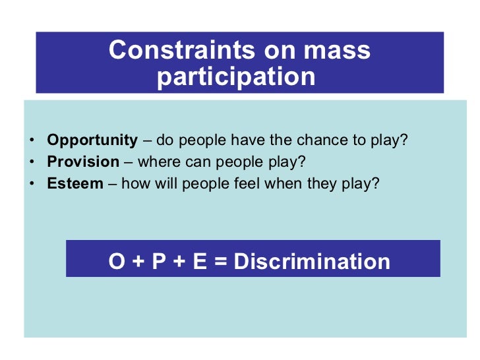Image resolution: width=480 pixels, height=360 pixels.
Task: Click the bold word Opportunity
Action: (x=92, y=140)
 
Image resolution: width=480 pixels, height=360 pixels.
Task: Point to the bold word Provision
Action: (x=83, y=162)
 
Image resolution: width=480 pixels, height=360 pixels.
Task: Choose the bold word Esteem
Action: (x=75, y=183)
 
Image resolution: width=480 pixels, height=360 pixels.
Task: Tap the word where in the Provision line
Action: (x=156, y=162)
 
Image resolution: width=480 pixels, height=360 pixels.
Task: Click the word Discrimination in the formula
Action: (x=312, y=261)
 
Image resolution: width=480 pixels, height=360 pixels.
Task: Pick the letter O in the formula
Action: (x=117, y=261)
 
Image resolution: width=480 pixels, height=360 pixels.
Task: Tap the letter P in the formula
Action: (x=159, y=261)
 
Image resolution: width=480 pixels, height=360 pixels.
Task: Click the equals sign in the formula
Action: (x=220, y=262)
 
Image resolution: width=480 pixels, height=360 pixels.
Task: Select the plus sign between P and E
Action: (x=179, y=262)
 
